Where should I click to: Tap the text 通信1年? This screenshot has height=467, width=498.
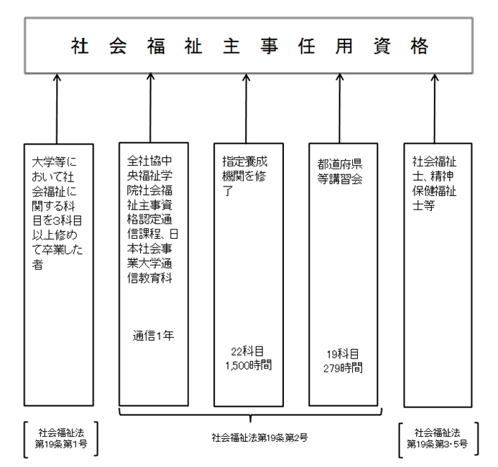[x=152, y=334]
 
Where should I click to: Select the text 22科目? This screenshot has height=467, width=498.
[x=248, y=351]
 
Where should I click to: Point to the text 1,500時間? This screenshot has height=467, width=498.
[x=248, y=364]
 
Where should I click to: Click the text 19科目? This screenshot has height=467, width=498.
[x=344, y=354]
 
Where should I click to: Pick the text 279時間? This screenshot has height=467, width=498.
[x=344, y=367]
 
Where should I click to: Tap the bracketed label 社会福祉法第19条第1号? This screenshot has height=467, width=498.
[x=60, y=437]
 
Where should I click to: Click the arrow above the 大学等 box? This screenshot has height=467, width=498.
[x=57, y=108]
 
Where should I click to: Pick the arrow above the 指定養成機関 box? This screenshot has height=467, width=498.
[x=247, y=108]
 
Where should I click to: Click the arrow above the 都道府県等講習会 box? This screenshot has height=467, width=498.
[x=343, y=108]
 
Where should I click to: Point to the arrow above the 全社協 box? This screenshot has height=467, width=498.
[x=151, y=108]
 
